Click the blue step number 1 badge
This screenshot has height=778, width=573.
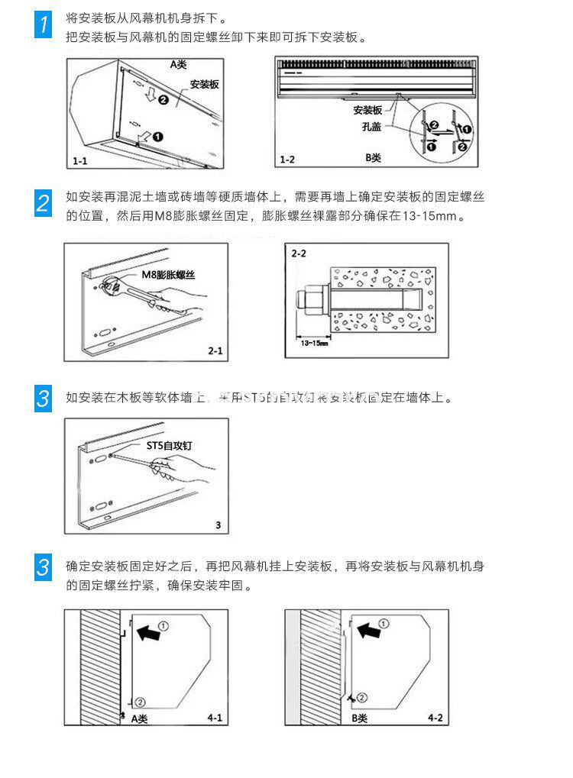click(x=45, y=24)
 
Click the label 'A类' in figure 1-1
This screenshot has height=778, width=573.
click(x=178, y=66)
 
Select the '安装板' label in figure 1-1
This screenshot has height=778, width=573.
click(x=204, y=84)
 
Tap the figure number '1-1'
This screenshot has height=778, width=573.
click(x=80, y=161)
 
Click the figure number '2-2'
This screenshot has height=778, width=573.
click(x=298, y=253)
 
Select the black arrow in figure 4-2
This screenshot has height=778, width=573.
click(x=371, y=630)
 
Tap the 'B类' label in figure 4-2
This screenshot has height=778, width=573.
click(x=359, y=718)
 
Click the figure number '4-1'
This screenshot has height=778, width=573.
click(x=215, y=718)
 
